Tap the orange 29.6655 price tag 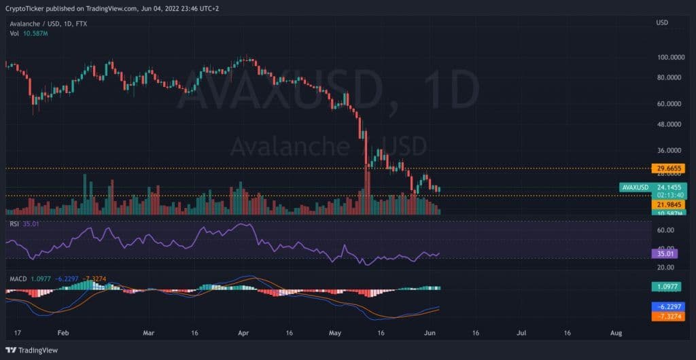click(x=668, y=168)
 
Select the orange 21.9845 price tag click(x=668, y=204)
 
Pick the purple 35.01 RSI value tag click(x=664, y=254)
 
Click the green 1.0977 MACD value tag click(x=667, y=287)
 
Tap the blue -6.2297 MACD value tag click(x=668, y=306)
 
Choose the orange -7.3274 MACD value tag click(x=668, y=316)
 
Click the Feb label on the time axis click(x=63, y=334)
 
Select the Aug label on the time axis click(x=616, y=334)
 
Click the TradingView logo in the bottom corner click(x=33, y=350)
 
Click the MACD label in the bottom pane click(x=17, y=278)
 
